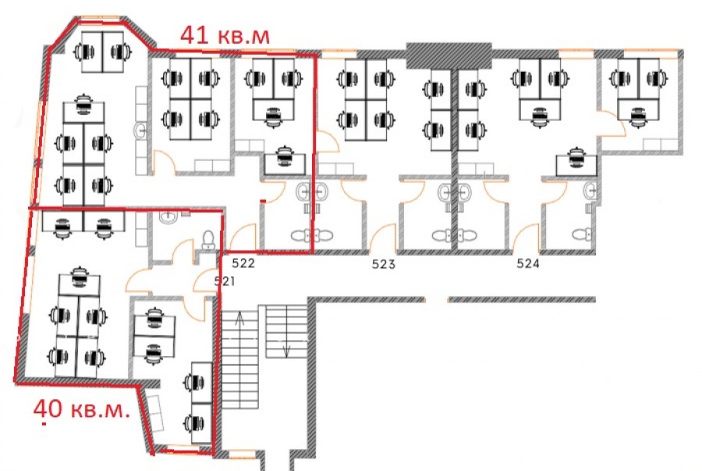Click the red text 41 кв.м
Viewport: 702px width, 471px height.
pos(225,35)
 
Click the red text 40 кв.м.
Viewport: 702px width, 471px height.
pos(82,409)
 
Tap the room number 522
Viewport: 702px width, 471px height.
pos(243,264)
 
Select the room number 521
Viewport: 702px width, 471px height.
pos(225,282)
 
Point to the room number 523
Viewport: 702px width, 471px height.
pos(384,264)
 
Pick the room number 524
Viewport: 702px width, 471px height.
pos(528,264)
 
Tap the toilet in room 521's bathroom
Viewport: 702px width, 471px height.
pos(208,239)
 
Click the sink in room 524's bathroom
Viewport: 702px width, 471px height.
pos(591,191)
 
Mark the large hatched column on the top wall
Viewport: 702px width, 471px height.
pos(449,55)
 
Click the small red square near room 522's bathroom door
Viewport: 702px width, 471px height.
pos(264,201)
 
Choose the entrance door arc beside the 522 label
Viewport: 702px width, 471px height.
pos(243,237)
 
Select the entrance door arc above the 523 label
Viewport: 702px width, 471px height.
pos(383,237)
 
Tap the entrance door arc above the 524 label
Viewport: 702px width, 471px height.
pos(525,237)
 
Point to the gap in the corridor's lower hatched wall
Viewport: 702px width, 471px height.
pos(435,299)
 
